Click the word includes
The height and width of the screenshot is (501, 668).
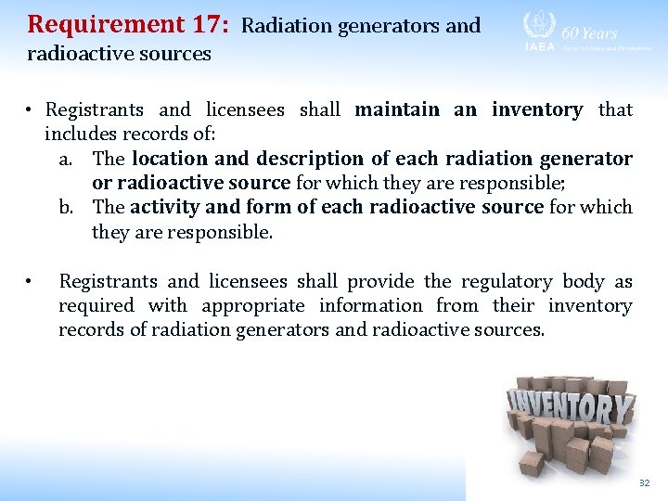82,134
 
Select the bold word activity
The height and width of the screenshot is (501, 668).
164,207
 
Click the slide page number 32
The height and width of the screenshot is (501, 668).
644,483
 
